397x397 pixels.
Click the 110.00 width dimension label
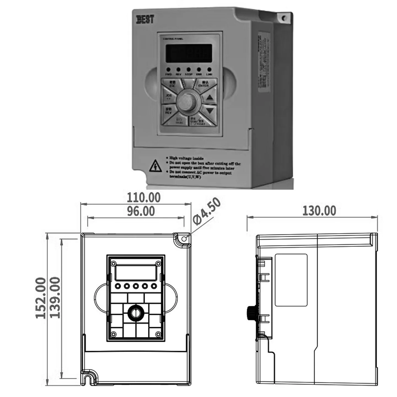tap(143, 198)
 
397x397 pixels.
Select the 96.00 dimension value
tap(141, 211)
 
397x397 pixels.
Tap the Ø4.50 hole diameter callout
tap(207, 211)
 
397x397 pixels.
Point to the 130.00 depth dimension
tap(319, 211)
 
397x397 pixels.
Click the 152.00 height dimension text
tap(41, 298)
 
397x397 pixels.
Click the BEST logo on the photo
tap(145, 19)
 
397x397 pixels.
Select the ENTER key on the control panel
tap(204, 84)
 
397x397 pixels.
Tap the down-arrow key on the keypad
tap(210, 111)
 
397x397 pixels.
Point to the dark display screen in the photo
tap(189, 53)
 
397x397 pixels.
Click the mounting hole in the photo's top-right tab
tap(284, 18)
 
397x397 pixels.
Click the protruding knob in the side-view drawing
tap(251, 313)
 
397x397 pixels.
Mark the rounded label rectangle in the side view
tap(291, 280)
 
